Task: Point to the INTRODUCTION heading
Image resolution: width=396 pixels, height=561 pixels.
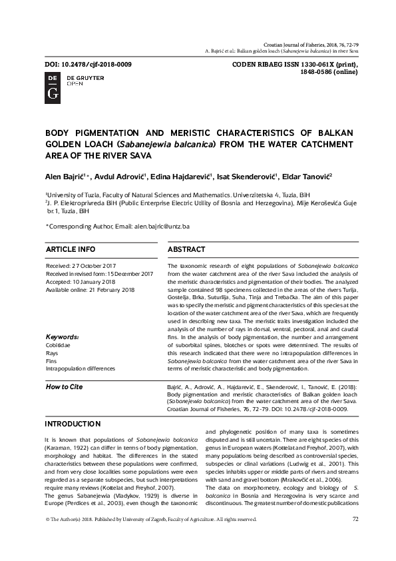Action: click(x=73, y=424)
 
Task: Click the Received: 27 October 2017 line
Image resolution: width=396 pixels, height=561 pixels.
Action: click(x=81, y=265)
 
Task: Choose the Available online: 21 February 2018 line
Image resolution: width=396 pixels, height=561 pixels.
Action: click(x=90, y=290)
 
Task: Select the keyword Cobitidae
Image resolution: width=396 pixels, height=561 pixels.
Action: click(x=59, y=345)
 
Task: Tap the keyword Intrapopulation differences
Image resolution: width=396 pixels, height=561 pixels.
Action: click(x=81, y=368)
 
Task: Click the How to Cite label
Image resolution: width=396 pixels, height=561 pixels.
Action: click(x=64, y=387)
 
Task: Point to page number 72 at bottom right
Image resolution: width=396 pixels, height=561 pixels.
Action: click(x=355, y=519)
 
